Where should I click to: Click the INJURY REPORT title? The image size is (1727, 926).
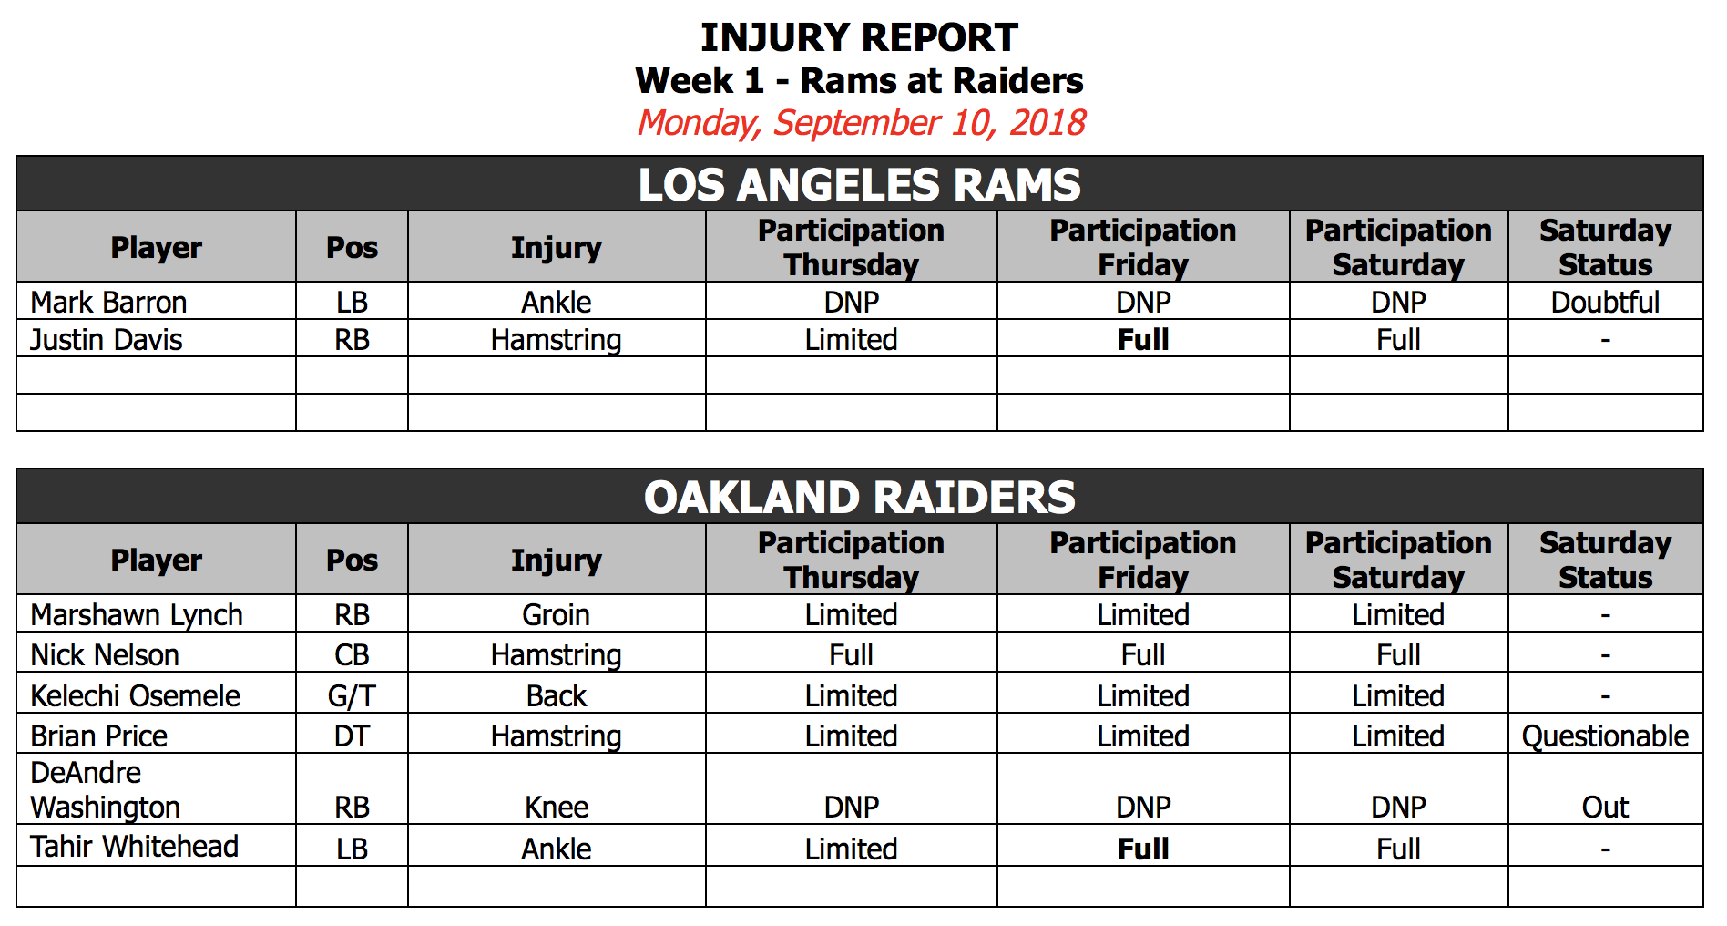coord(859,37)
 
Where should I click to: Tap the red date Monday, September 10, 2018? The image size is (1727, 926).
coord(861,122)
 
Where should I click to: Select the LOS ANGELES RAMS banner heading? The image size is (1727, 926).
coord(859,184)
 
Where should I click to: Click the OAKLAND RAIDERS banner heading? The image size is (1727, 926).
coord(859,497)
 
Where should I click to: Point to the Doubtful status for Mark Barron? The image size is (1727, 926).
coord(1605,302)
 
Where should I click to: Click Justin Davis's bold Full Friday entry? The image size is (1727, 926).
coord(1143,339)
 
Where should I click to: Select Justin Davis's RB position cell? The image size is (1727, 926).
coord(352,339)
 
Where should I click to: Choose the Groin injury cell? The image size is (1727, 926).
coord(556,615)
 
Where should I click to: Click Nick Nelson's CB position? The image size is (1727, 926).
coord(352,654)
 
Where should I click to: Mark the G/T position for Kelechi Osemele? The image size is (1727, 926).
coord(352,695)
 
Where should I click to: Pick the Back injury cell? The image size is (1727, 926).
coord(556,695)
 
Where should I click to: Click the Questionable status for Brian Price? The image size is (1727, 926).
coord(1605,736)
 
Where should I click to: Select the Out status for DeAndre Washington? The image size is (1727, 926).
coord(1605,807)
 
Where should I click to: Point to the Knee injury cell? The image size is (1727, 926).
coord(556,807)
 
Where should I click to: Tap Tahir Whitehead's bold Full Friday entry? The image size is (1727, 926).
coord(1143,849)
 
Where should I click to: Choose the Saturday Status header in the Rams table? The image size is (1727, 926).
coord(1605,247)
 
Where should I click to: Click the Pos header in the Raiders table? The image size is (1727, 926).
coord(352,560)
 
